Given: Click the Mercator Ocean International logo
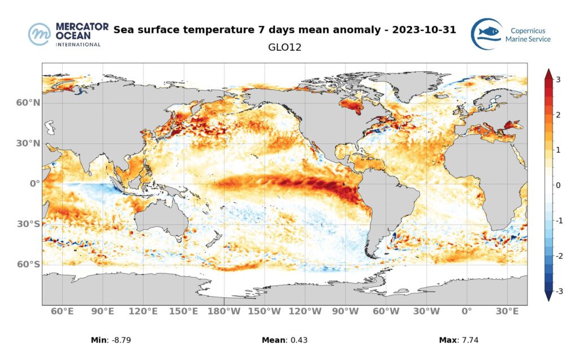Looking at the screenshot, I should pos(64,34).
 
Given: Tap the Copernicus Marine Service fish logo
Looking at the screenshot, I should pos(486,34).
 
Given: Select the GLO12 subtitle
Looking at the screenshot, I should pos(284,47).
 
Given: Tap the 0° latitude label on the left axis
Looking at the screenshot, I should pos(34,184).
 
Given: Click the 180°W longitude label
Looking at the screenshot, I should pos(224,311).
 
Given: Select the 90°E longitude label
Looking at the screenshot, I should pos(102,311).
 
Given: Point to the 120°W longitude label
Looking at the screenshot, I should pos(305,311).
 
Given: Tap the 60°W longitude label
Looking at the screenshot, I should pos(386,311).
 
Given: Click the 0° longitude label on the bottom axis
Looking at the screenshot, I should pos(466,311).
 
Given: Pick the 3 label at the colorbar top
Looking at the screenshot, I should pos(558,80).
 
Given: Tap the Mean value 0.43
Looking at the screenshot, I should pos(297,340).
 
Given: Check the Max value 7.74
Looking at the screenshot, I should pos(469,340).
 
